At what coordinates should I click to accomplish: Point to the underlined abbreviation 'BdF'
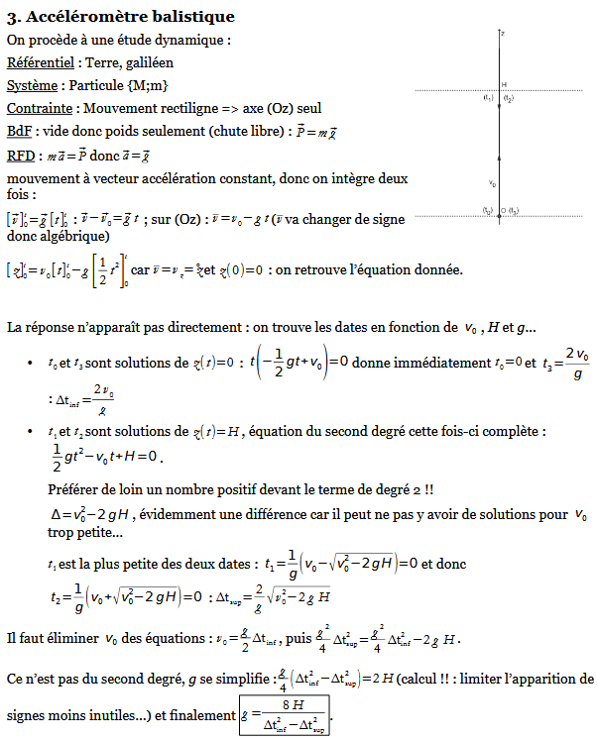(x=19, y=131)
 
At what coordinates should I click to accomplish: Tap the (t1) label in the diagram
(x=488, y=98)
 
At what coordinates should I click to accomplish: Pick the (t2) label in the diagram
(x=509, y=98)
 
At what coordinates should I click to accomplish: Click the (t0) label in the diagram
(x=488, y=210)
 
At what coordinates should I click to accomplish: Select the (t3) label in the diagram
(x=514, y=210)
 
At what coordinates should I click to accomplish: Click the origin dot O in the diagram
(x=503, y=210)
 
